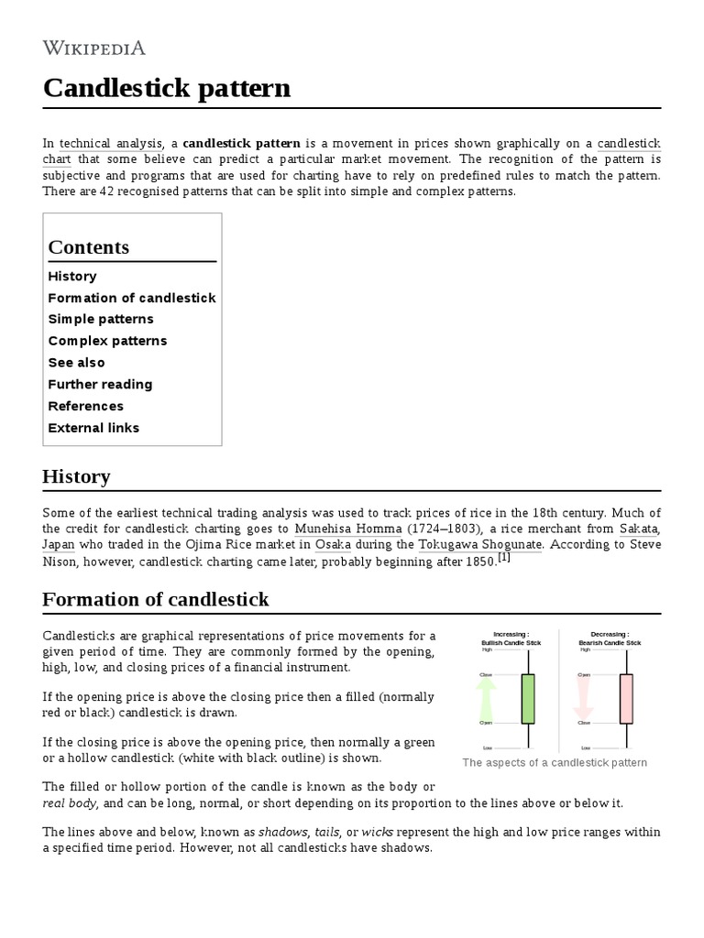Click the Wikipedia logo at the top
coord(93,48)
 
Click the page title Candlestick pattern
coord(166,88)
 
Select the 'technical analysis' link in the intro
coord(110,144)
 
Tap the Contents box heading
coord(88,247)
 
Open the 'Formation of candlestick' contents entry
coord(132,298)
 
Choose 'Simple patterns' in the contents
coord(101,320)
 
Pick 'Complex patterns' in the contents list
coord(107,341)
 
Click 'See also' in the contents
coord(76,363)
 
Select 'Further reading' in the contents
coord(100,385)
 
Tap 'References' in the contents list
coord(85,406)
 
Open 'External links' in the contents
coord(93,428)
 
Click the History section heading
coord(76,476)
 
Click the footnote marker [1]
coord(503,558)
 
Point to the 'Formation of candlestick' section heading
coord(156,600)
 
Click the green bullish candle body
coord(527,699)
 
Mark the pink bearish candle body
coord(626,699)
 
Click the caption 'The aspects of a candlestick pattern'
coord(555,763)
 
